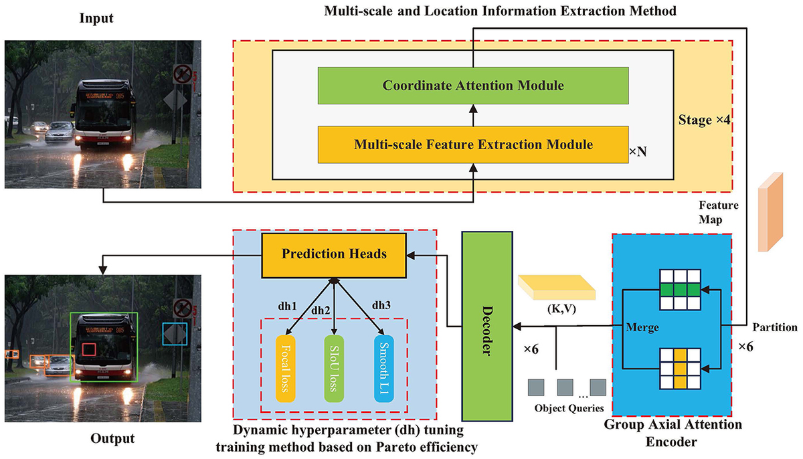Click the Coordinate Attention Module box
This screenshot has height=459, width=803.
click(473, 86)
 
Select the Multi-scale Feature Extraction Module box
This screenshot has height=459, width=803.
click(473, 143)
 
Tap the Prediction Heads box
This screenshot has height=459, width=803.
click(333, 254)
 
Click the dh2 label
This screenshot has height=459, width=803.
click(321, 310)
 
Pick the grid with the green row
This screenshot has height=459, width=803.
click(679, 289)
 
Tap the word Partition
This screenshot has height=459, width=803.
click(775, 327)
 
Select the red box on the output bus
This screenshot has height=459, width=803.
click(90, 351)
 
